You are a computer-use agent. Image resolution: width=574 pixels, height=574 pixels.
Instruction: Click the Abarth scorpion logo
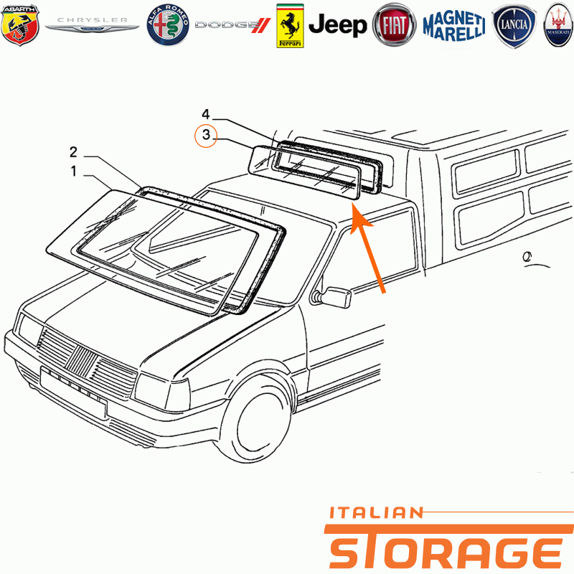(x=20, y=25)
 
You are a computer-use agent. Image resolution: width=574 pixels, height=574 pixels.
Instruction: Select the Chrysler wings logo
(x=92, y=24)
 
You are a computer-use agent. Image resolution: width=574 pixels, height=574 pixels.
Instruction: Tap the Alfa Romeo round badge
(x=168, y=25)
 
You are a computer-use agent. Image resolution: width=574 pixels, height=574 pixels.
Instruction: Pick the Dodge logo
(x=232, y=25)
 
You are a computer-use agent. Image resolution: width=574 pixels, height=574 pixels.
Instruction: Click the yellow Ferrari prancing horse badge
(x=290, y=26)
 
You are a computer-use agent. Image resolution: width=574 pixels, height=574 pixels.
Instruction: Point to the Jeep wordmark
(x=337, y=25)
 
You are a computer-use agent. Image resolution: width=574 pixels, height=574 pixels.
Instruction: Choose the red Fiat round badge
(x=394, y=25)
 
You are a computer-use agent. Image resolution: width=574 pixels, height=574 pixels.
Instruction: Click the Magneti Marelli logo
(x=454, y=26)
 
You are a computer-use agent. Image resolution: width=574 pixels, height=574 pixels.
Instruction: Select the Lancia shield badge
(x=514, y=26)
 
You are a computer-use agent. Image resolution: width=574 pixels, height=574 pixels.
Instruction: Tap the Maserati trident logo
(x=558, y=25)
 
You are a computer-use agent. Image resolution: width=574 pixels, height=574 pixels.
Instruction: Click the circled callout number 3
(x=206, y=136)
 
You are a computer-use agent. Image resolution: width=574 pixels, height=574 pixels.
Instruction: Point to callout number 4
(x=206, y=114)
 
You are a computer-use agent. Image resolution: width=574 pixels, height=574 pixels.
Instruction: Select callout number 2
(x=74, y=152)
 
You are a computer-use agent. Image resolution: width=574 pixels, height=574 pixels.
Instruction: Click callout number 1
(x=74, y=171)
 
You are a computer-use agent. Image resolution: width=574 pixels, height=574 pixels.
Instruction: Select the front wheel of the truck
(x=256, y=422)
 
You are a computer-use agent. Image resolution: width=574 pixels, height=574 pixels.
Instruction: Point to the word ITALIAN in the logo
(x=376, y=513)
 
